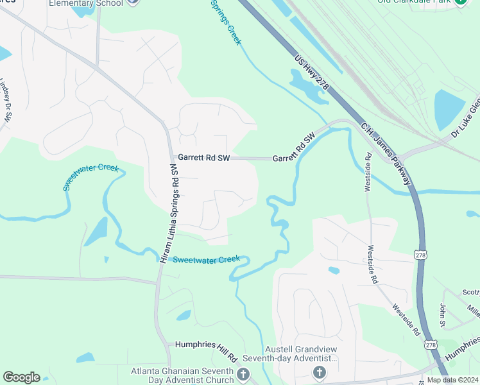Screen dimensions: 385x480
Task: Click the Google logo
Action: [x=21, y=377]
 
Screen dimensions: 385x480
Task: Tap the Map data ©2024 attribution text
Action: [x=452, y=380]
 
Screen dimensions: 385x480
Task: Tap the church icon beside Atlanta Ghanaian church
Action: [x=243, y=374]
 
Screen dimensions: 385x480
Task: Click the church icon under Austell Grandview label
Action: [x=319, y=372]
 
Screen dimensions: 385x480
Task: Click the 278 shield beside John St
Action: [x=430, y=345]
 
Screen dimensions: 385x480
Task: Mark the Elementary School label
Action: [x=85, y=2]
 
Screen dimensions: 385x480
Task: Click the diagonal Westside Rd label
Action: [x=407, y=321]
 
